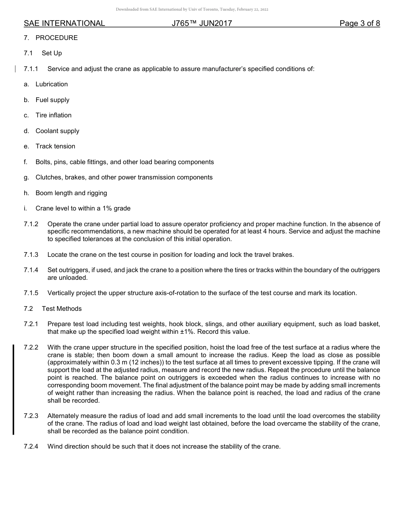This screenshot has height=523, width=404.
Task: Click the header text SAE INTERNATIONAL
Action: pyautogui.click(x=64, y=23)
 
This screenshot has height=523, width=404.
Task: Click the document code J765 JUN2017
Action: pyautogui.click(x=202, y=23)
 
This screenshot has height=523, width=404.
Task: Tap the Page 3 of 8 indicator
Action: pyautogui.click(x=359, y=23)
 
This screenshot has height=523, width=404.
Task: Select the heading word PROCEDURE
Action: pyautogui.click(x=57, y=38)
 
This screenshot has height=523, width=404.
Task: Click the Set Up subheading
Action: pyautogui.click(x=52, y=53)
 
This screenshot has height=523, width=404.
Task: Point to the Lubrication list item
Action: pyautogui.click(x=51, y=84)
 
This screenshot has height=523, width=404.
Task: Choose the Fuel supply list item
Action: pyautogui.click(x=52, y=100)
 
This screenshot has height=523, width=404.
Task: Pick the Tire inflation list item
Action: pyautogui.click(x=54, y=115)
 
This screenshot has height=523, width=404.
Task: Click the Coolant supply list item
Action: pyautogui.click(x=57, y=131)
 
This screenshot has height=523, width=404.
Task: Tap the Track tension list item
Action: pyautogui.click(x=55, y=146)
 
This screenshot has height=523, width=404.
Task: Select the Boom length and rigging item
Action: pyautogui.click(x=71, y=193)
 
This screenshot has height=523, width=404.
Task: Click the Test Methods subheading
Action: pyautogui.click(x=62, y=309)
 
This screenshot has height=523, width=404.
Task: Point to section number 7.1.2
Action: pyautogui.click(x=31, y=224)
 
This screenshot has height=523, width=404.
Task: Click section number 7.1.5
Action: pyautogui.click(x=31, y=293)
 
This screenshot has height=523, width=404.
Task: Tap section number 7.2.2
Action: pyautogui.click(x=31, y=347)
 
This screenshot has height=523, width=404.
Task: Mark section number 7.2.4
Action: pyautogui.click(x=31, y=446)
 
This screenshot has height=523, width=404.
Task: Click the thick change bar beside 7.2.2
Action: pyautogui.click(x=13, y=389)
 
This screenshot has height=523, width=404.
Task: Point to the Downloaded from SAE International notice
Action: pyautogui.click(x=192, y=9)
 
